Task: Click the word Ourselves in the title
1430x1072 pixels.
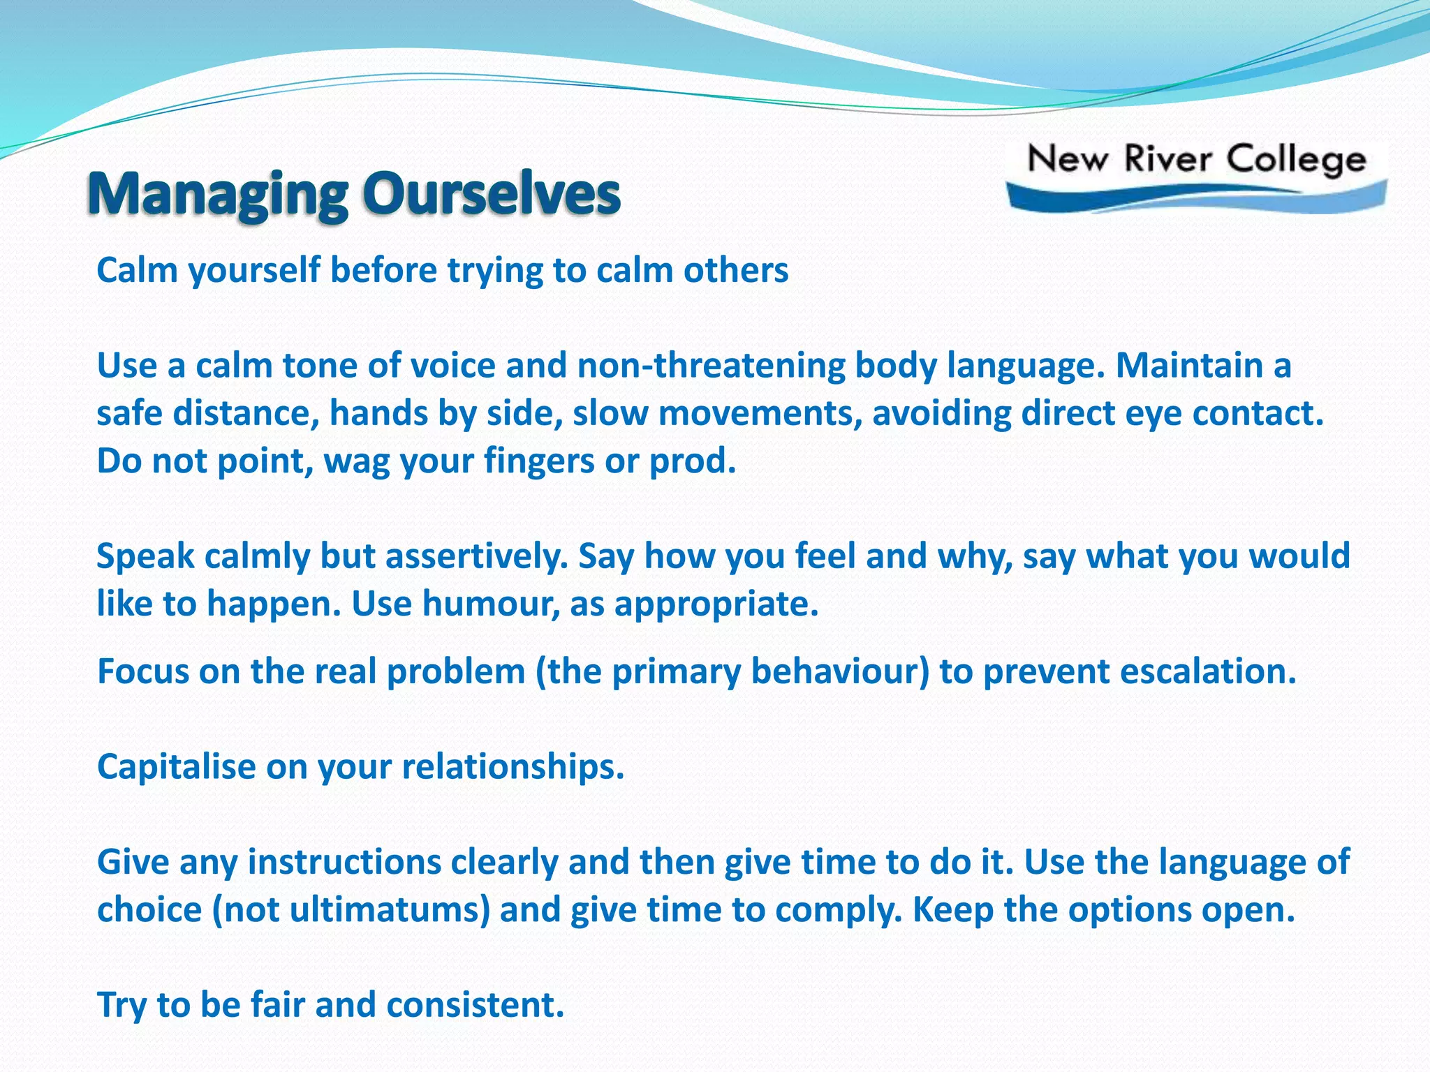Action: (x=492, y=193)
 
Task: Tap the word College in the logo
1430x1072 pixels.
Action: (x=1296, y=161)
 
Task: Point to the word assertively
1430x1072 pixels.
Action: (x=477, y=556)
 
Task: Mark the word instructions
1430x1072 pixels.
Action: (x=344, y=862)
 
